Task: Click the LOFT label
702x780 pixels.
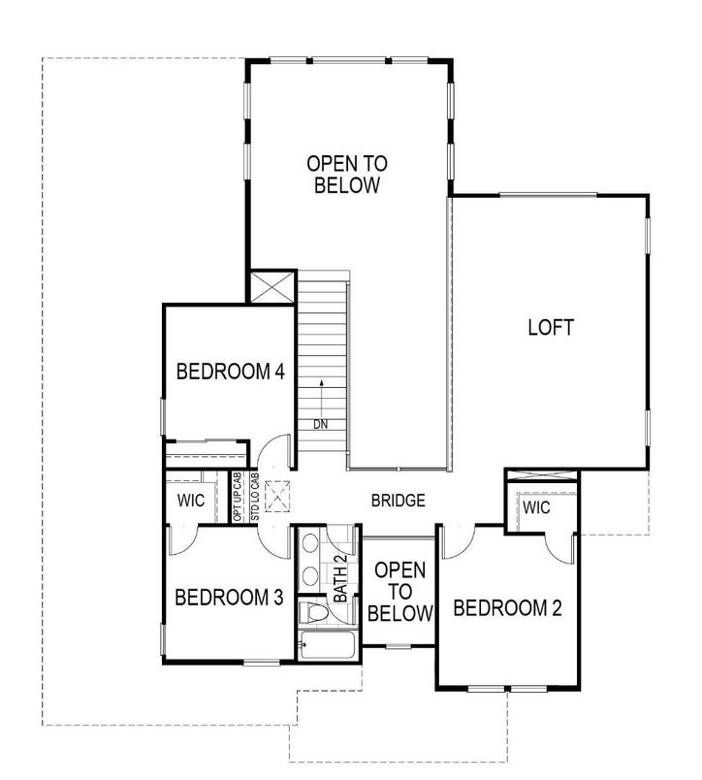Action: [550, 327]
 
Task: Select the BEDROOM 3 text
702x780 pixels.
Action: [229, 598]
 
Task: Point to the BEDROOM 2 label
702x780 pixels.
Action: [507, 608]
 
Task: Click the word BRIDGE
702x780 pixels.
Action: [398, 502]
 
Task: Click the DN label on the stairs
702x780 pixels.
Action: [320, 424]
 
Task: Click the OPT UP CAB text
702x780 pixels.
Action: [239, 497]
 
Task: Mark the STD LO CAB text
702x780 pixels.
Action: [254, 497]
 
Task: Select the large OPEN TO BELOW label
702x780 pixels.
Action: [346, 174]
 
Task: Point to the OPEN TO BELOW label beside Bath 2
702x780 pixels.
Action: [400, 591]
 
